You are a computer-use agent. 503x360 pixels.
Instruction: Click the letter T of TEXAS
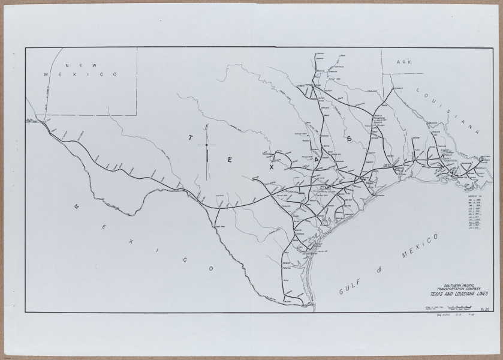click(x=190, y=137)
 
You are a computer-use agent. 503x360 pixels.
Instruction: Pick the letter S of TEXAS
click(x=348, y=139)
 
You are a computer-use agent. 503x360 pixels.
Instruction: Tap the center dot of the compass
click(x=207, y=145)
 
